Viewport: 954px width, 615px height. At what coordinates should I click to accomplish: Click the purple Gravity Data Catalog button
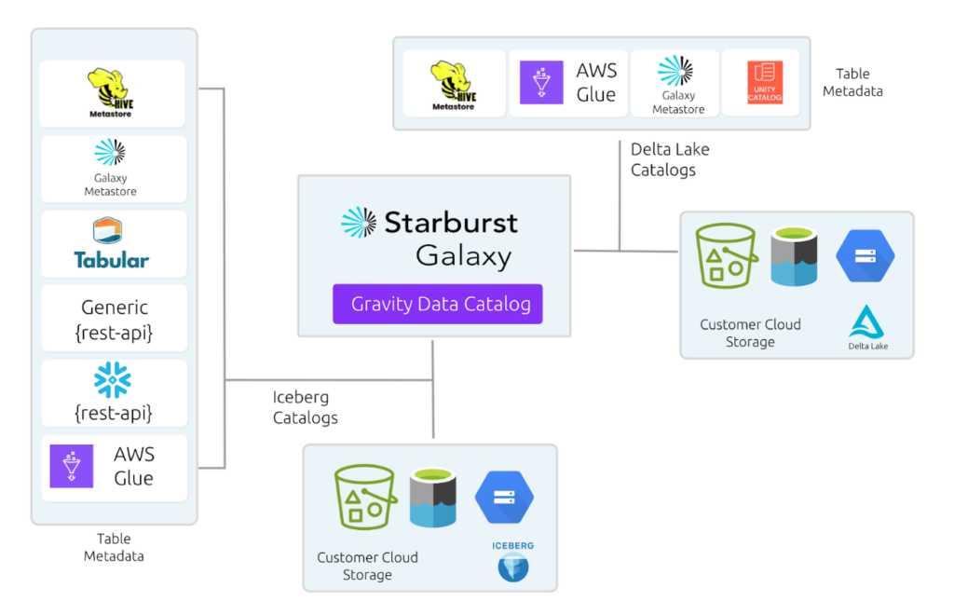[437, 304]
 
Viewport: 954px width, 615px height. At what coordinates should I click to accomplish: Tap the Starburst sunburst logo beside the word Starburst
[359, 223]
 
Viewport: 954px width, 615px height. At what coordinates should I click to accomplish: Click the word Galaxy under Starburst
[463, 254]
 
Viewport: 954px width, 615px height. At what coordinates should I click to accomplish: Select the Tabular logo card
[113, 244]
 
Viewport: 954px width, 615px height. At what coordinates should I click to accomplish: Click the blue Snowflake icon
[113, 380]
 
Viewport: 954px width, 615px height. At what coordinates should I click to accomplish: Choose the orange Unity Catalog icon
[764, 83]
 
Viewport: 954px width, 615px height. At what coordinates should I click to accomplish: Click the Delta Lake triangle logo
[867, 324]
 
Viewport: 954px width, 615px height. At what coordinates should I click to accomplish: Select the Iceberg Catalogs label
[305, 407]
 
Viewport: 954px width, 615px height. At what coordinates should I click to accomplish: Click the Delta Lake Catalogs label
[662, 159]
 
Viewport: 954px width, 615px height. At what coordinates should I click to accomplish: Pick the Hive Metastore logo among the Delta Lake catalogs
[454, 85]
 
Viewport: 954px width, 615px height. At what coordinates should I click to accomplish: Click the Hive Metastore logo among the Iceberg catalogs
[112, 92]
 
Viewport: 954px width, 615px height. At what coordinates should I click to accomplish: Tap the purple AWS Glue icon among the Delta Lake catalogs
[541, 83]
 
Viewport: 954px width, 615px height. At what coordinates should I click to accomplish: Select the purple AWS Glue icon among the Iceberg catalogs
[72, 466]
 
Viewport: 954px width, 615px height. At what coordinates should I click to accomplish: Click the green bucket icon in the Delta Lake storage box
[727, 255]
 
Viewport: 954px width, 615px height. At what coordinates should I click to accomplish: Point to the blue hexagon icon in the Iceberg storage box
[503, 497]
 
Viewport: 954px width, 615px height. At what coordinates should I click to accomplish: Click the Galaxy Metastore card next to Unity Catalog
[677, 84]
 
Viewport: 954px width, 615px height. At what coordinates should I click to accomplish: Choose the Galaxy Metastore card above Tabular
[112, 168]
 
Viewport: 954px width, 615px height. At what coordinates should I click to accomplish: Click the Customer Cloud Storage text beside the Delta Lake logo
[750, 333]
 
